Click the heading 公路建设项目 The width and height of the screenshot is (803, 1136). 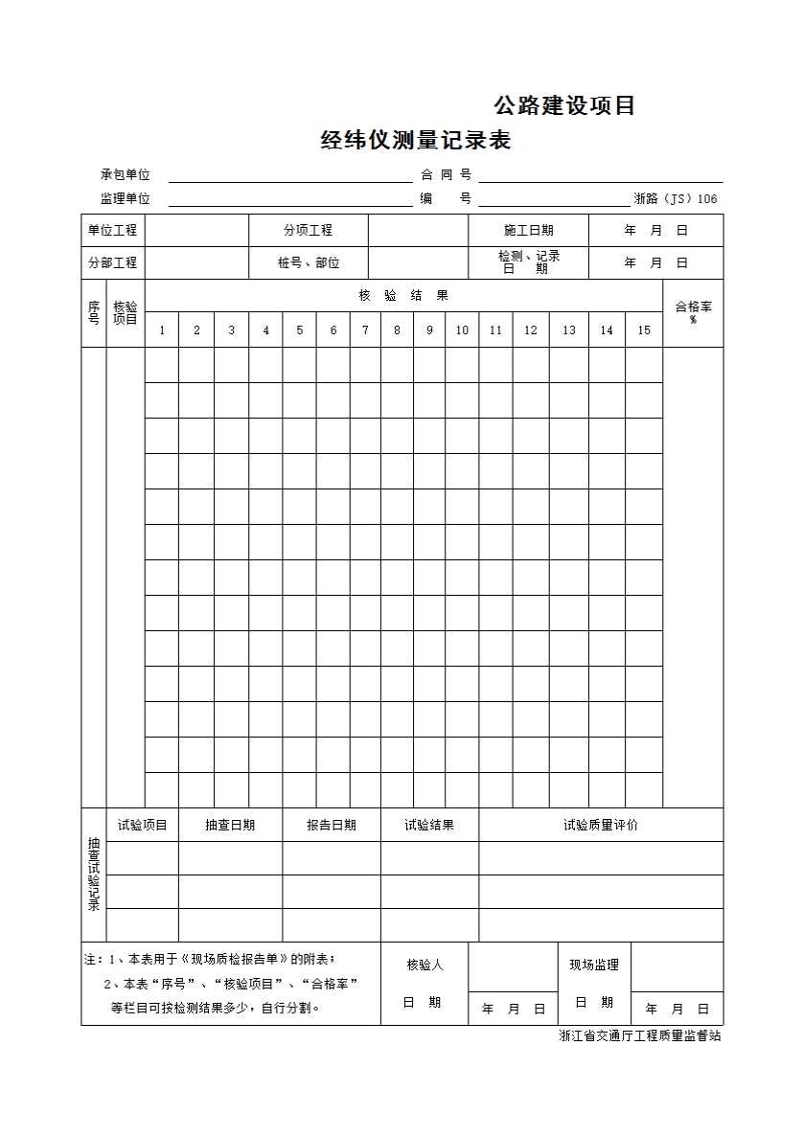click(x=564, y=106)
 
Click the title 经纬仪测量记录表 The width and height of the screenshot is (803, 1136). click(x=415, y=142)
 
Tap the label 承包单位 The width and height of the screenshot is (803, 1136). click(x=126, y=174)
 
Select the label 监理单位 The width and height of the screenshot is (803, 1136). click(x=126, y=199)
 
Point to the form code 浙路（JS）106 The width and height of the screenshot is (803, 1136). click(x=675, y=199)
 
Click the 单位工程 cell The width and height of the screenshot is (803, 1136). click(x=113, y=231)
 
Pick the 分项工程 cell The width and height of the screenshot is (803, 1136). click(x=308, y=231)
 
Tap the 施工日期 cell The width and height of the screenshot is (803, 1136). click(x=528, y=231)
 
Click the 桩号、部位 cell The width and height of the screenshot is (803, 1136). click(x=308, y=262)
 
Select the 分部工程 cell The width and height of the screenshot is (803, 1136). click(x=113, y=262)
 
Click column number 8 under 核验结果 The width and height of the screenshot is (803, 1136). click(x=397, y=330)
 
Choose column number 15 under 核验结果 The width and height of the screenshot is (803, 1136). click(x=644, y=330)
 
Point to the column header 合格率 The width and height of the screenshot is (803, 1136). click(x=693, y=310)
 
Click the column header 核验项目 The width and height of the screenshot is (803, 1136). click(x=126, y=312)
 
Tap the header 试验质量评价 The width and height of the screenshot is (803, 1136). click(x=601, y=825)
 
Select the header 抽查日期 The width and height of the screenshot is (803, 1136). click(x=230, y=825)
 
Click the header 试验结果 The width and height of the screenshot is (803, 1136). click(x=429, y=825)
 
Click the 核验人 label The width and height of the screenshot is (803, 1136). click(x=424, y=965)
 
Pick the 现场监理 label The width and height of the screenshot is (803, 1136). click(x=594, y=965)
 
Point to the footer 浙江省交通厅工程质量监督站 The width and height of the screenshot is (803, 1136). click(x=640, y=1036)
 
